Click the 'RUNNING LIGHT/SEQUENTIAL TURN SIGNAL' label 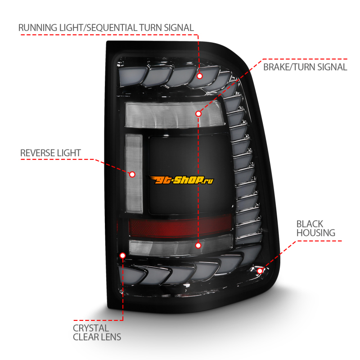(x=106, y=27)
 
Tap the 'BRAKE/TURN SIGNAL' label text (x=305, y=67)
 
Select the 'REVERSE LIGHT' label (x=50, y=153)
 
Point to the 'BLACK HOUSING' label (x=315, y=228)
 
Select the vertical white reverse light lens (x=134, y=173)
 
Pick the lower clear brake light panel (x=180, y=245)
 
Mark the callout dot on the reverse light (x=132, y=174)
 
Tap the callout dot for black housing (x=260, y=270)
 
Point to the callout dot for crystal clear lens (x=123, y=255)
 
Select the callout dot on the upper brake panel (x=198, y=113)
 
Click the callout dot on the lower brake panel (x=198, y=245)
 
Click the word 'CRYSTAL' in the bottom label (x=91, y=328)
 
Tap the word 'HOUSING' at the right (x=315, y=233)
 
